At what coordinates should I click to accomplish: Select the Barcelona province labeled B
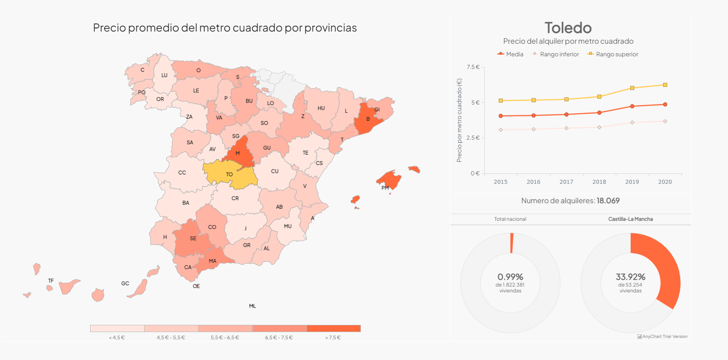[x=367, y=119]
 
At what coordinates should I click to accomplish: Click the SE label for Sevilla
[x=193, y=238]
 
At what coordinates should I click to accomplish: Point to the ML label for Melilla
[x=252, y=306]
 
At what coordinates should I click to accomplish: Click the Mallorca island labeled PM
[x=388, y=180]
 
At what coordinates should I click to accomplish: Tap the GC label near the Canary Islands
[x=125, y=283]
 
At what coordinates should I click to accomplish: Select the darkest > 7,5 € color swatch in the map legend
[x=333, y=328]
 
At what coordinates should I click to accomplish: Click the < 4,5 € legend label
[x=117, y=337]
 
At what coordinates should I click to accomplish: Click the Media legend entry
[x=510, y=54]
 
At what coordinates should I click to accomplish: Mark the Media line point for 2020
[x=665, y=105]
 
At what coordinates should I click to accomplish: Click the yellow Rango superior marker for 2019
[x=632, y=88]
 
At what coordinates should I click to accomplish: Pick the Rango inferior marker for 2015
[x=500, y=130]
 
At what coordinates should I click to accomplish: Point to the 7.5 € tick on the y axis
[x=473, y=67]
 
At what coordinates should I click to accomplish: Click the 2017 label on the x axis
[x=566, y=182]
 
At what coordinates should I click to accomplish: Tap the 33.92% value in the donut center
[x=631, y=277]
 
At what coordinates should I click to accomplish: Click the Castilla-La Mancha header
[x=630, y=219]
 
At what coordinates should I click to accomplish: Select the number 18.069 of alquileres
[x=608, y=201]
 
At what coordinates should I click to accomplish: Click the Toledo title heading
[x=568, y=28]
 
